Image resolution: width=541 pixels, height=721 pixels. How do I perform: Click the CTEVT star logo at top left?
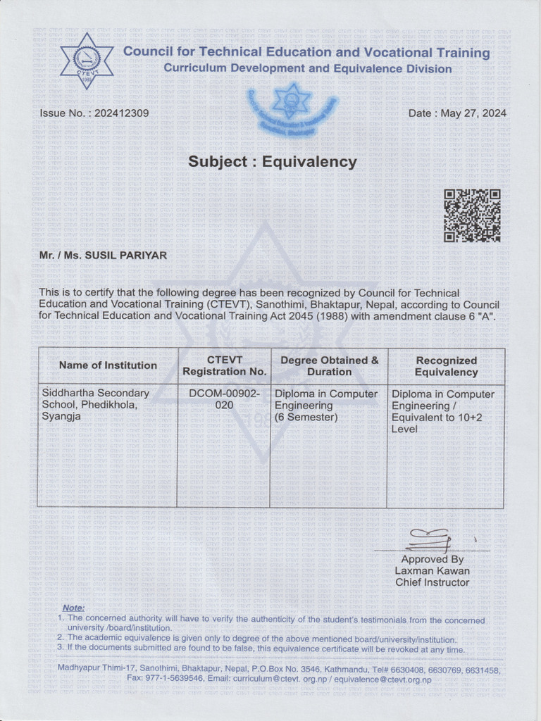[87, 60]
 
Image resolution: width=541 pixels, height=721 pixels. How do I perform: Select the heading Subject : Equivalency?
[272, 161]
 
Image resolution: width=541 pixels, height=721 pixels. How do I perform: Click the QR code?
[472, 215]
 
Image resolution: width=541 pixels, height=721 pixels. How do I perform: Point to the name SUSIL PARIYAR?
[125, 256]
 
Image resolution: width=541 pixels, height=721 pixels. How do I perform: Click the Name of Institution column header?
[108, 365]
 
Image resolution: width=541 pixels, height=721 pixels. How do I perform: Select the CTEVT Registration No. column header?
[224, 365]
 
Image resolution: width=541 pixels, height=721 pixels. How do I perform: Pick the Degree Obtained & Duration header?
[329, 365]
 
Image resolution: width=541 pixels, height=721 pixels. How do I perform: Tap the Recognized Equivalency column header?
[446, 365]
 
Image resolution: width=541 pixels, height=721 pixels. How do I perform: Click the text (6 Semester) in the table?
[306, 418]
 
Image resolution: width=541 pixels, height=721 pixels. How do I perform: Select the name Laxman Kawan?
[432, 571]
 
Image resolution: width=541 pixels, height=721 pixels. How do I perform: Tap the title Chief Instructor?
[432, 582]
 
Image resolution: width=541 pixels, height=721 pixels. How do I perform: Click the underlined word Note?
[73, 608]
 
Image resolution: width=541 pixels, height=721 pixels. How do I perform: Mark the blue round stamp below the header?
[291, 109]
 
